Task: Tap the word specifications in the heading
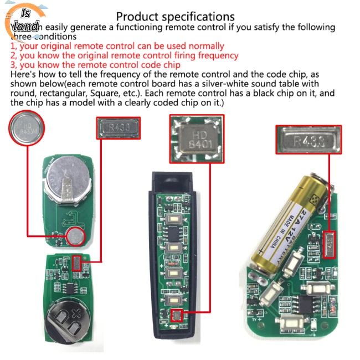pyautogui.click(x=199, y=18)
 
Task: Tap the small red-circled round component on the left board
pyautogui.click(x=76, y=238)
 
